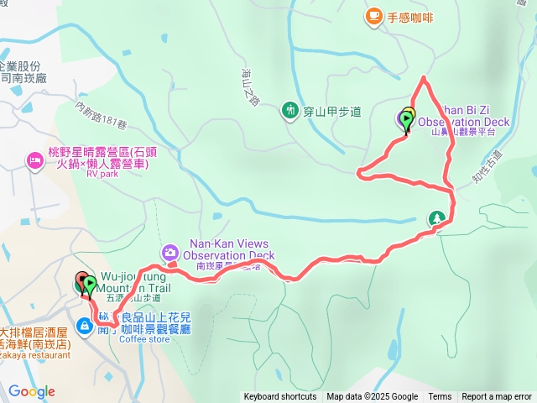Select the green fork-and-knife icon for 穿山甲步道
[x=290, y=110]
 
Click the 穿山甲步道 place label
[x=331, y=111]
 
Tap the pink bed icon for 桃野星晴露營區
[x=34, y=160]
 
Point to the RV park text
[x=102, y=175]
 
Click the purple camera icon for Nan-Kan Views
[x=170, y=252]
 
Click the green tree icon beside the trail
[x=436, y=219]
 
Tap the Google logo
[x=31, y=391]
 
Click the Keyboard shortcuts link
[x=280, y=397]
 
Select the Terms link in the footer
[x=440, y=397]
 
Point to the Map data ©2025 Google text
[x=373, y=397]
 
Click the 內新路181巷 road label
[x=100, y=118]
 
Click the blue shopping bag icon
[x=85, y=325]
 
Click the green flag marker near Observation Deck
[x=407, y=122]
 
